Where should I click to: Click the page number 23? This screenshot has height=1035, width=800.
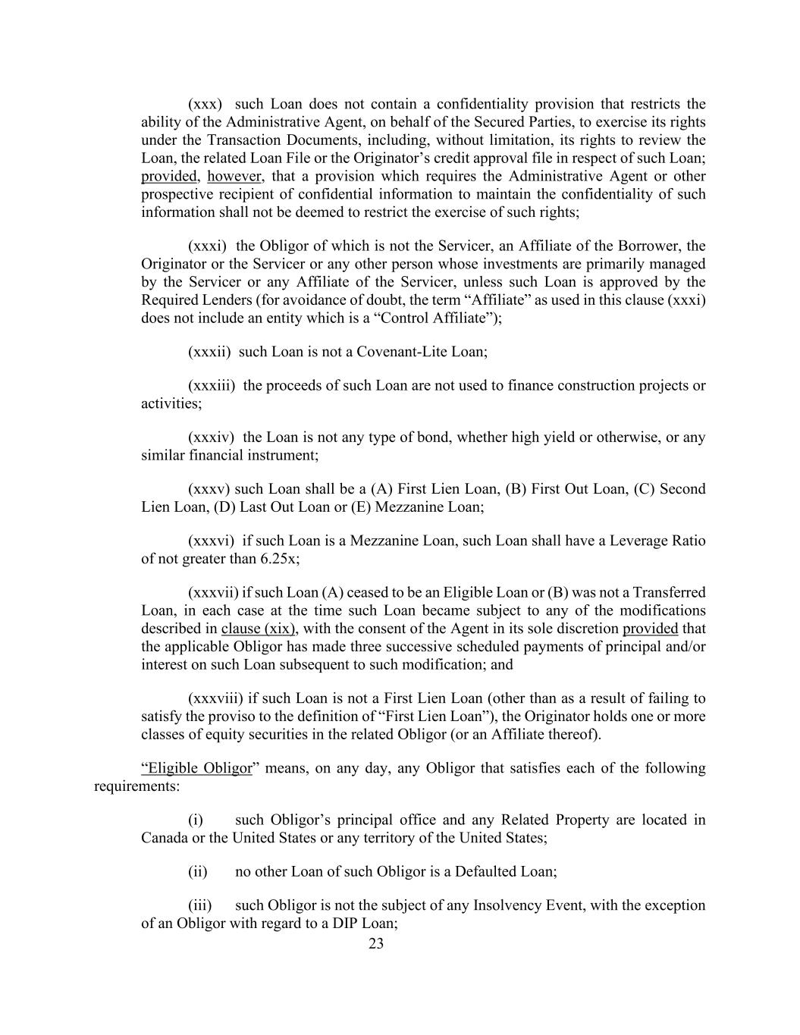(376, 943)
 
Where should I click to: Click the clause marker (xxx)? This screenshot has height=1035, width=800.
(205, 104)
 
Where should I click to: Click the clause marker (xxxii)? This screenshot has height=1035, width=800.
(209, 352)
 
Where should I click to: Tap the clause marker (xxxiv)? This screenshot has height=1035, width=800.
(212, 438)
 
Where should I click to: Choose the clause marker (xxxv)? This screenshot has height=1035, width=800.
(209, 489)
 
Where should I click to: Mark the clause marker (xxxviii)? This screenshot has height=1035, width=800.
(215, 698)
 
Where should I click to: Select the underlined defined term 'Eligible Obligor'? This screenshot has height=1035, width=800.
(198, 768)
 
